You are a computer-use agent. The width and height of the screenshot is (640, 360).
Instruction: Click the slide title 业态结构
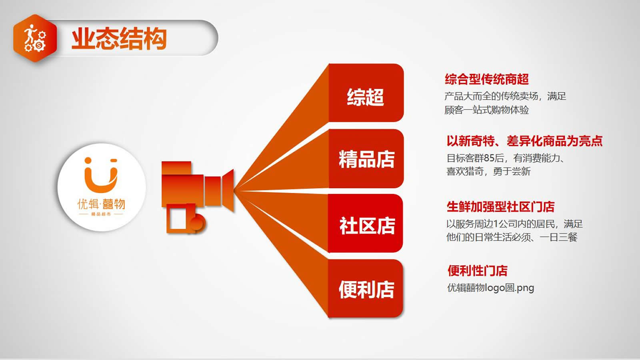[119, 38]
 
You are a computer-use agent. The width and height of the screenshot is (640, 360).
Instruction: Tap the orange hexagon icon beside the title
[35, 38]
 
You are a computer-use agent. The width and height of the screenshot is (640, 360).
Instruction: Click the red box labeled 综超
[366, 93]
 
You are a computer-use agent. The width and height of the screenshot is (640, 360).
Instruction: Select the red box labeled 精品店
[366, 158]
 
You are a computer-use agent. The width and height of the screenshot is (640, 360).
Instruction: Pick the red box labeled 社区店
[366, 224]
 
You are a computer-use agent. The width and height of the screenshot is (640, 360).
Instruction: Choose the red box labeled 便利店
[366, 288]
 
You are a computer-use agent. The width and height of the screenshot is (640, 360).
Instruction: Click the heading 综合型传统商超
[486, 79]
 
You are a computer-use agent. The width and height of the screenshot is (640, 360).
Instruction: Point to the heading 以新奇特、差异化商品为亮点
[524, 141]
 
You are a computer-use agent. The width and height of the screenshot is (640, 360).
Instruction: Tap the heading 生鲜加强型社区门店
[500, 206]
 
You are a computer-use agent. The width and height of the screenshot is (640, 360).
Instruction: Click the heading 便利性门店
[478, 270]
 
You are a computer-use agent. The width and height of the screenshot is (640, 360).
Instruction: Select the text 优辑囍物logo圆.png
[490, 288]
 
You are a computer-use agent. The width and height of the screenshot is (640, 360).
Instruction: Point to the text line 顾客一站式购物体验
[486, 110]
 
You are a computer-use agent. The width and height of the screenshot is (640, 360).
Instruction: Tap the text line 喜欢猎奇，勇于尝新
[488, 172]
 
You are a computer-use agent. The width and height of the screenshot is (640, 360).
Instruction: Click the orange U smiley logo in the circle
[101, 175]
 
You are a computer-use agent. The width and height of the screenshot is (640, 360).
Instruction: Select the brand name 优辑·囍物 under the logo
[101, 204]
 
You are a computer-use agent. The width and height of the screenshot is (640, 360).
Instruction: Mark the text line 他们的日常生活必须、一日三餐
[512, 237]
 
